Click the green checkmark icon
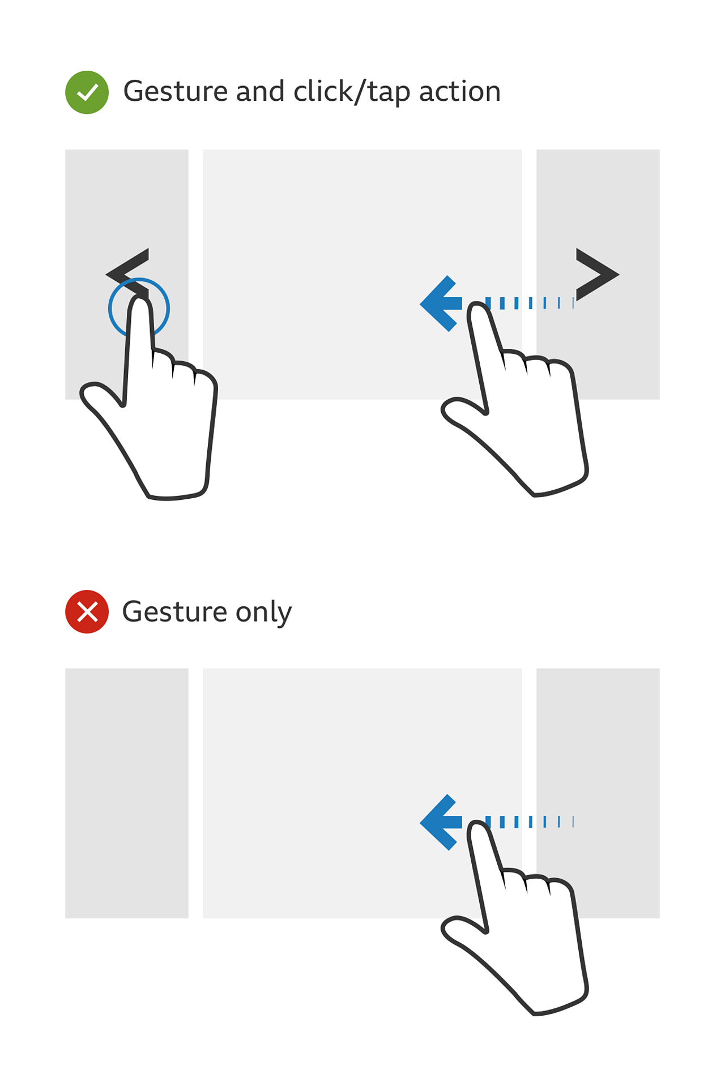point(87,92)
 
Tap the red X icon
point(87,611)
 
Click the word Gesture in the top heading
point(175,91)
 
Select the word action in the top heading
point(459,91)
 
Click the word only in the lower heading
point(263,613)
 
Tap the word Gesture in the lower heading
point(175,611)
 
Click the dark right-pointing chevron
point(596,274)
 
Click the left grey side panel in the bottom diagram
point(126,793)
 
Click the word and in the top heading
point(260,91)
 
